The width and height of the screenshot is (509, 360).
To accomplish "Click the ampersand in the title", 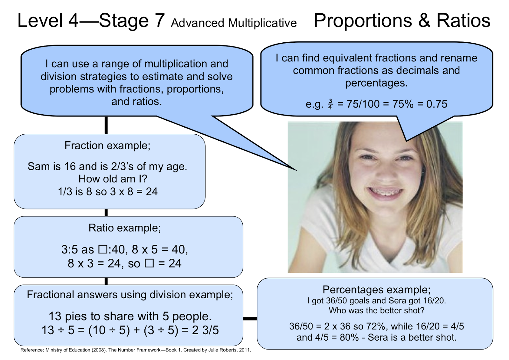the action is pos(424,20).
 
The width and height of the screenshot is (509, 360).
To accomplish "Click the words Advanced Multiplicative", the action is pos(234,23).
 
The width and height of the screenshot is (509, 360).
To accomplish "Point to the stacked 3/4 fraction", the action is pos(330,104).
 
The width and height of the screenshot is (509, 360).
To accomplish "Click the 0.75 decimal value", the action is pos(436,104).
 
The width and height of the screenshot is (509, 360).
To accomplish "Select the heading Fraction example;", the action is pos(107,145).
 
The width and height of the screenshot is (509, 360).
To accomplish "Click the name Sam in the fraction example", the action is pos(38,166).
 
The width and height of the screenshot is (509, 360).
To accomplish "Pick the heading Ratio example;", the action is pos(124,228).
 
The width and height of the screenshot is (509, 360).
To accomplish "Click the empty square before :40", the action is pos(102,249).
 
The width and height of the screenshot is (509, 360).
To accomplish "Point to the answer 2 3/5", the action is pos(205,330).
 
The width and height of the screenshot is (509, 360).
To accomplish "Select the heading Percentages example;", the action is pos(376,290).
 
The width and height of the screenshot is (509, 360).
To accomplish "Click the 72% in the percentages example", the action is pos(374,326).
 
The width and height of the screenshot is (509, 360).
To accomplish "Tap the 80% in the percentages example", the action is pos(349,337).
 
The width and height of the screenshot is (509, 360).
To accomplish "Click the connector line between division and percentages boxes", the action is pos(250,319).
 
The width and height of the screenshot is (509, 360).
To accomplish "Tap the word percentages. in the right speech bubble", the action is pos(376,83).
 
